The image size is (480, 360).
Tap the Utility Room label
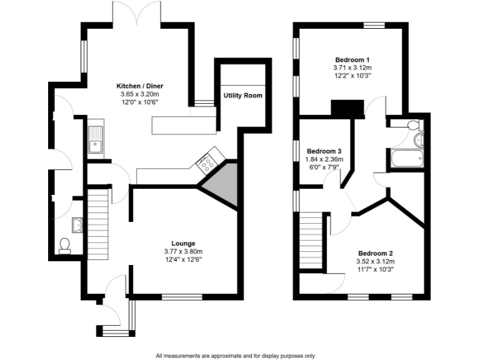click(x=243, y=96)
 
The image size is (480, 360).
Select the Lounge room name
click(x=184, y=243)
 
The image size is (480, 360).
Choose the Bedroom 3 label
click(x=323, y=151)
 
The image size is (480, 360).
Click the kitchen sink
click(x=96, y=139)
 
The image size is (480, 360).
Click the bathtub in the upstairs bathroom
click(x=406, y=159)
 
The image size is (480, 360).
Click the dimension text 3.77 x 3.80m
click(x=184, y=251)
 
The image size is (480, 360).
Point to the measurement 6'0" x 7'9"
click(x=323, y=167)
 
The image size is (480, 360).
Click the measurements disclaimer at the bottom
click(x=235, y=354)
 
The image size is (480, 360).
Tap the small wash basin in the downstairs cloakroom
click(x=77, y=223)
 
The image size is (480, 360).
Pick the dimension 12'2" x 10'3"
click(x=352, y=75)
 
